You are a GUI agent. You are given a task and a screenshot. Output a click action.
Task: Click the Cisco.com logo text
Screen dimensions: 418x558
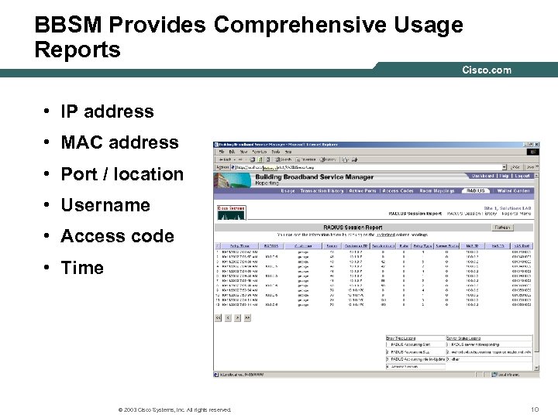click(x=487, y=70)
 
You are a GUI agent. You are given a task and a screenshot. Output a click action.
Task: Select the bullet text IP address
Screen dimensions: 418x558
click(x=107, y=111)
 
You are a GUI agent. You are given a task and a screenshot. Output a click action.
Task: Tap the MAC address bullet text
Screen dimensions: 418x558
click(x=119, y=142)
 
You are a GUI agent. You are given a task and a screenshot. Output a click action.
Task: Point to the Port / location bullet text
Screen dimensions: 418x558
click(x=122, y=174)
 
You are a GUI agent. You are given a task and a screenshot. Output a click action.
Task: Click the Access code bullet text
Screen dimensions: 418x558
click(x=117, y=236)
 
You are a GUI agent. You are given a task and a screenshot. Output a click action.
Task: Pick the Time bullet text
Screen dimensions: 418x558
click(x=82, y=268)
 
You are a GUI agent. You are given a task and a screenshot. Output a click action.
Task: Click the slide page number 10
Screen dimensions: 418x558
click(x=534, y=409)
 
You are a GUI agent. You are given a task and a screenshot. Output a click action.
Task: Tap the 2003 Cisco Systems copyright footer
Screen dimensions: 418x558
click(x=171, y=409)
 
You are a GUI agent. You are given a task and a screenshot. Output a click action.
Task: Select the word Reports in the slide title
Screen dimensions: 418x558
click(x=77, y=50)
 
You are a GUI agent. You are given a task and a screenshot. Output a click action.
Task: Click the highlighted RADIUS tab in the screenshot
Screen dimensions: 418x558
click(x=475, y=190)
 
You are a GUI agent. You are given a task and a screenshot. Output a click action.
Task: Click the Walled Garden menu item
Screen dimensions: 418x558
click(x=513, y=190)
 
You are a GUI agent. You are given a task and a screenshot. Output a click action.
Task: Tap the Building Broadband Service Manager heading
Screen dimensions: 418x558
click(x=314, y=177)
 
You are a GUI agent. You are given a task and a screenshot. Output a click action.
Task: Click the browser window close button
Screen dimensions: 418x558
click(x=534, y=145)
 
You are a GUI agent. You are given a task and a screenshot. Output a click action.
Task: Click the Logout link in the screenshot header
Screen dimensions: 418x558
click(x=523, y=176)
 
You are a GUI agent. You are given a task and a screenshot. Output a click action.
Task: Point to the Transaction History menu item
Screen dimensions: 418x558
click(x=322, y=190)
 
